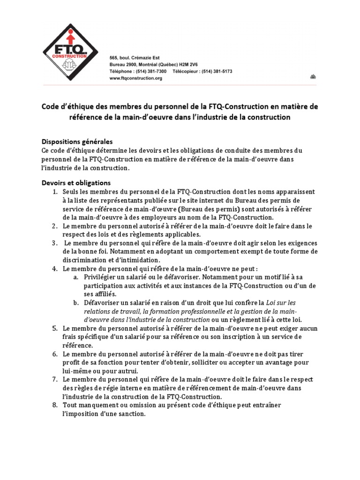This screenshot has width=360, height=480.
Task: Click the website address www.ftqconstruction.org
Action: (x=135, y=79)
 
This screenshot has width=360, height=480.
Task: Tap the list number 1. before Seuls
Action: (x=54, y=192)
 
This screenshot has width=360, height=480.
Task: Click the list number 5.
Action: (x=54, y=329)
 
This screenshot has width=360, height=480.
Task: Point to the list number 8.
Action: (x=54, y=405)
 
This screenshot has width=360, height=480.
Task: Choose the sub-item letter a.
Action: (x=75, y=277)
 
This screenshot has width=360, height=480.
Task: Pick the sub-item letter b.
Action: (x=75, y=303)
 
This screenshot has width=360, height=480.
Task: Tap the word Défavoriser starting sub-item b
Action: (x=103, y=303)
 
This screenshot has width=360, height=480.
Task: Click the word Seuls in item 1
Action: (x=71, y=192)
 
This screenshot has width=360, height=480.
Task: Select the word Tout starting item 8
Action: (x=70, y=405)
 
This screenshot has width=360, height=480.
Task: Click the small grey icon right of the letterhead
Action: (x=313, y=76)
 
